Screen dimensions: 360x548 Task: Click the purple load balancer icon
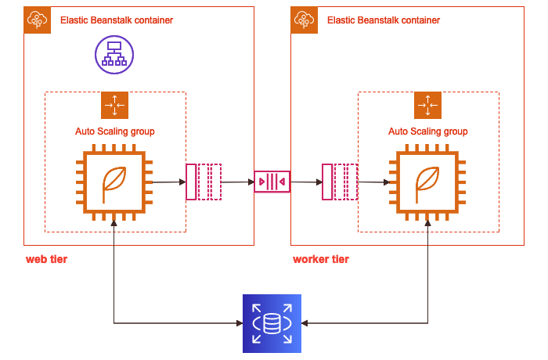point(114,55)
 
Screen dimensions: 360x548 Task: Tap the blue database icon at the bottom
point(272,323)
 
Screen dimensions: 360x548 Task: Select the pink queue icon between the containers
point(272,182)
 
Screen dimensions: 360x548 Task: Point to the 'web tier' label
point(46,259)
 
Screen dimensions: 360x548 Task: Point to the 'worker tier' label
point(321,259)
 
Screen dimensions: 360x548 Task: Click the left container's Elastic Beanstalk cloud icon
point(37,20)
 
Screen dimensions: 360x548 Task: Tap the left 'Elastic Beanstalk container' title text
point(117,20)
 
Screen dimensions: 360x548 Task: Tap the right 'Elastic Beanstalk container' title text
point(384,20)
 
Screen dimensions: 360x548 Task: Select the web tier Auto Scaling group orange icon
point(114,105)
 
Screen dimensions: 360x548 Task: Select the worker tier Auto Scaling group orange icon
point(427,105)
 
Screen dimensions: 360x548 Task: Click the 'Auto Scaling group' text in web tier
point(114,131)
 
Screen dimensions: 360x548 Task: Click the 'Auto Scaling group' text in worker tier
point(427,131)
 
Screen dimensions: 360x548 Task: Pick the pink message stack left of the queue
point(204,182)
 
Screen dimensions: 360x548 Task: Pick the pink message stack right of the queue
point(340,182)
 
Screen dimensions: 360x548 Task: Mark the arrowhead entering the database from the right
point(305,323)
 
